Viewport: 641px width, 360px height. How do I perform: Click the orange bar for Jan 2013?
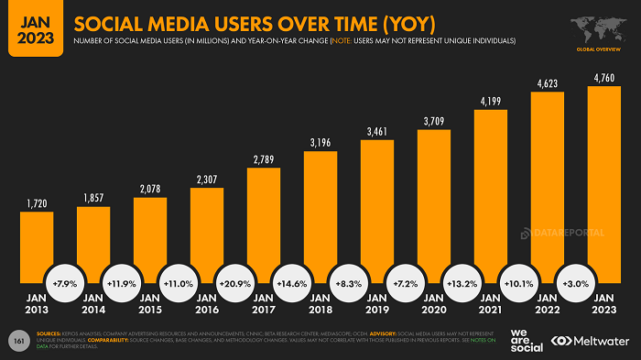click(37, 243)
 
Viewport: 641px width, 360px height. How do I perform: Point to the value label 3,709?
click(434, 121)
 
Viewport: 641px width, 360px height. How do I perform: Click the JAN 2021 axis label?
click(491, 303)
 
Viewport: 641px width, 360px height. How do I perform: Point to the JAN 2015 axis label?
click(150, 303)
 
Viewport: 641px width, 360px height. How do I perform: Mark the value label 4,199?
click(491, 101)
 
